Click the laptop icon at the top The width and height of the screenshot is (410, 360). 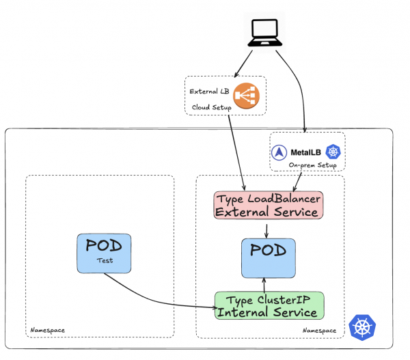coord(265,33)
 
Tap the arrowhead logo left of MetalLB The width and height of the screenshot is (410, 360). coord(279,152)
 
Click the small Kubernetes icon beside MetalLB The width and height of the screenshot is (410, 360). coord(333,152)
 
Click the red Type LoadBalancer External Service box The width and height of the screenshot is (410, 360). coord(268,205)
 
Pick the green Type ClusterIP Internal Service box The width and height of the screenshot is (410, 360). coord(268,305)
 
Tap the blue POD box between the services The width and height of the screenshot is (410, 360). coord(268,258)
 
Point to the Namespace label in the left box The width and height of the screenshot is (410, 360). coord(48,331)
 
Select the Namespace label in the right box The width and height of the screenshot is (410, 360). coord(319,331)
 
